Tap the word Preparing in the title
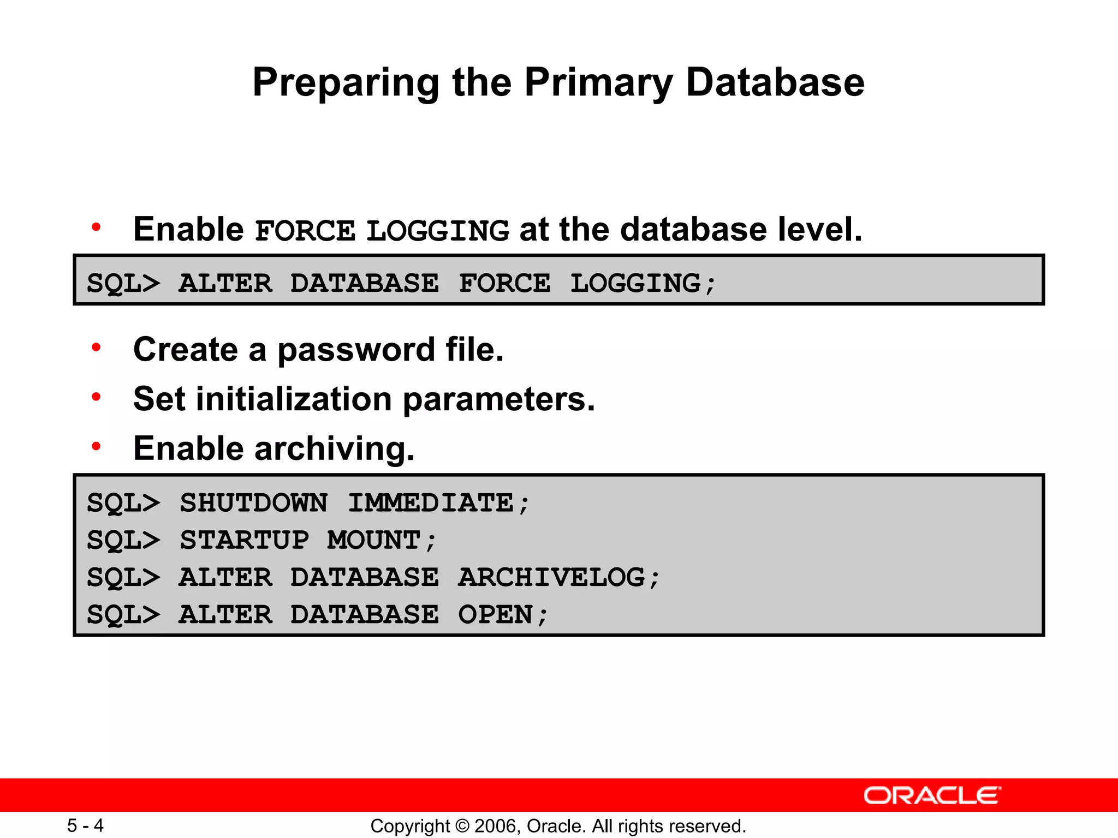tap(346, 83)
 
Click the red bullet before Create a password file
tap(97, 347)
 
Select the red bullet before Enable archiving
tap(97, 446)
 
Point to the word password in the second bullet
tap(356, 350)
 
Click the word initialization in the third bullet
tap(294, 399)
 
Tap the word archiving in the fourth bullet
tap(334, 449)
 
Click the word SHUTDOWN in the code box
tap(254, 503)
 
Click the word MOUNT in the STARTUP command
tap(374, 541)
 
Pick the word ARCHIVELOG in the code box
tap(551, 578)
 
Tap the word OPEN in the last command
tap(495, 615)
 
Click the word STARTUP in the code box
tap(245, 541)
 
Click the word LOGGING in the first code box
tap(636, 284)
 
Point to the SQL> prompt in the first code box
tap(123, 284)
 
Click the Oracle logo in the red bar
tap(932, 795)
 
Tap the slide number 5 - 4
tap(85, 825)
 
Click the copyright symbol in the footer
tap(462, 826)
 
